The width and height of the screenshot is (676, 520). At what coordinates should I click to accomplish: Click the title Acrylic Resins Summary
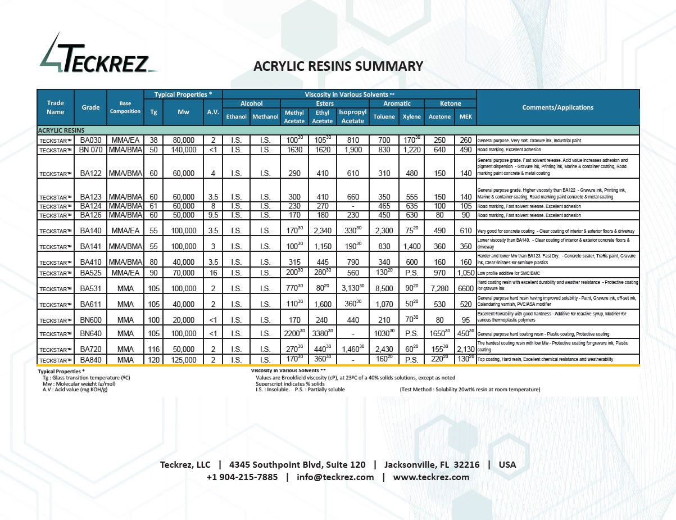[338, 66]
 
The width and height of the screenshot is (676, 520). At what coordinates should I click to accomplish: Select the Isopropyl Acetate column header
[352, 116]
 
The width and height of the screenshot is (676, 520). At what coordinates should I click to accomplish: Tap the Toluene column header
[384, 117]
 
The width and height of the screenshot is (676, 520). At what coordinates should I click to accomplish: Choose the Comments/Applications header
[557, 107]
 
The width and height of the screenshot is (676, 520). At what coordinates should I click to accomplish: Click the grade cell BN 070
[90, 150]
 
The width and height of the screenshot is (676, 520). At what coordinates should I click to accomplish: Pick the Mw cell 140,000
[183, 150]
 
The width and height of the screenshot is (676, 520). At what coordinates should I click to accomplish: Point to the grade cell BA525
[90, 273]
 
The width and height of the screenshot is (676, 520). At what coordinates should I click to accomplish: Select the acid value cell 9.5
[213, 215]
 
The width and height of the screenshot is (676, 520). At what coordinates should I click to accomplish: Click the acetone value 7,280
[439, 288]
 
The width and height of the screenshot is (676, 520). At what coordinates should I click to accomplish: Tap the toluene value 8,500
[384, 288]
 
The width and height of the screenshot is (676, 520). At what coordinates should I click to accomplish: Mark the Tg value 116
[153, 349]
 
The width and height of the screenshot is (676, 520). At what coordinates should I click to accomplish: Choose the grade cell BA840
[90, 360]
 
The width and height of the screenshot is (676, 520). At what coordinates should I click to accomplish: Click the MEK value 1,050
[466, 273]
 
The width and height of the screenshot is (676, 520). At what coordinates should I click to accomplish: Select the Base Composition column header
[125, 107]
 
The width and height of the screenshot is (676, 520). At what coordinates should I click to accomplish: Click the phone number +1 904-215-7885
[242, 477]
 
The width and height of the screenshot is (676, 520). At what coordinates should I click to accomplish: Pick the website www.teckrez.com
[431, 477]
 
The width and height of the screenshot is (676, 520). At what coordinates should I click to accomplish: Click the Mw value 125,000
[183, 360]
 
